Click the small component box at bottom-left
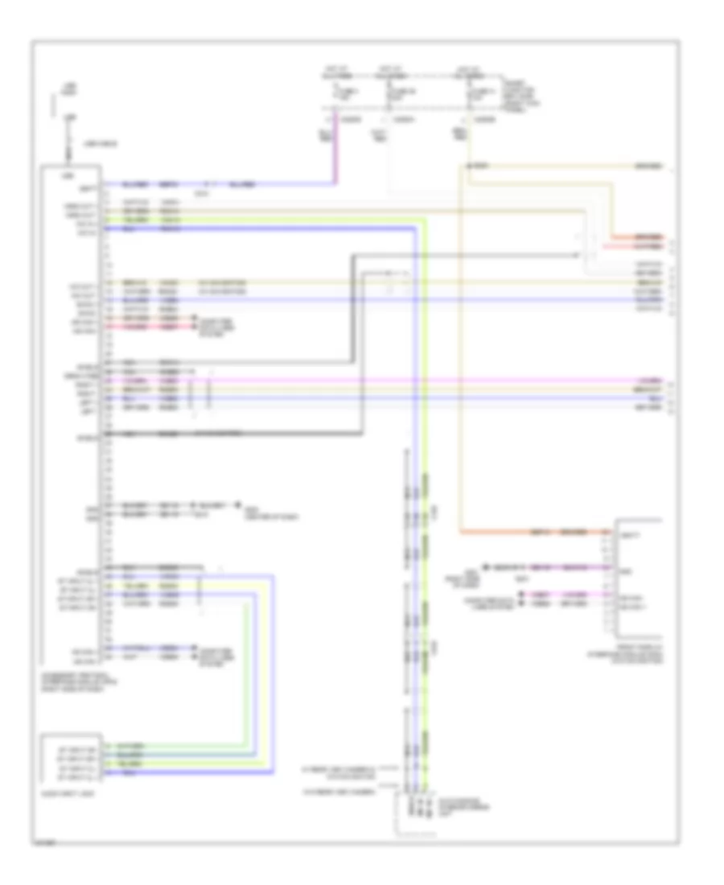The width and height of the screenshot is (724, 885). [72, 757]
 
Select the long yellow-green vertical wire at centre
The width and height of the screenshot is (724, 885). [426, 483]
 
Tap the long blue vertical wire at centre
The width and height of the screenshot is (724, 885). [417, 483]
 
